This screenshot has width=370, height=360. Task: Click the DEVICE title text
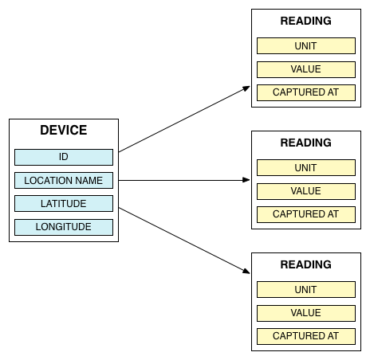tap(64, 130)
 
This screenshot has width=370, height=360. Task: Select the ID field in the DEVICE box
tap(64, 157)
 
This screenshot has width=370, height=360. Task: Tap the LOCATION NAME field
tap(64, 181)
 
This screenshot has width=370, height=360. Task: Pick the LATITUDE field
tap(64, 204)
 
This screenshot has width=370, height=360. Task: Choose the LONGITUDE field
tap(64, 227)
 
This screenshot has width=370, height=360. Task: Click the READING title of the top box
tap(306, 21)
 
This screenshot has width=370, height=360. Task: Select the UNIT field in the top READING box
tap(306, 45)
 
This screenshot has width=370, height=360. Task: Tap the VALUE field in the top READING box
tap(306, 69)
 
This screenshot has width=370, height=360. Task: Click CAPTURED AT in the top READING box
tap(306, 92)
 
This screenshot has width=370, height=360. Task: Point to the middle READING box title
tap(306, 143)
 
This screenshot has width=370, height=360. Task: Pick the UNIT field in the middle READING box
tap(306, 167)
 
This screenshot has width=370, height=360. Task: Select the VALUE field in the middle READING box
tap(306, 191)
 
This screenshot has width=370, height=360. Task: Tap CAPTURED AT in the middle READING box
tap(306, 214)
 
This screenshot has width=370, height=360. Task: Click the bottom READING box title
tap(306, 264)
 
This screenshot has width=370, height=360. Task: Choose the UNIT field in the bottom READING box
tap(306, 289)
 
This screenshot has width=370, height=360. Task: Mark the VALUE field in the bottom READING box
tap(306, 313)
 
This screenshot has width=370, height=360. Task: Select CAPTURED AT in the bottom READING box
tap(306, 336)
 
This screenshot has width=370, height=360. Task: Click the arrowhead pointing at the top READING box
tap(246, 88)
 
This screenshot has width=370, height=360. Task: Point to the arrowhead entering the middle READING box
tap(246, 180)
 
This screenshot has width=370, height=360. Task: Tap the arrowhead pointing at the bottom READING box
tap(246, 271)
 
